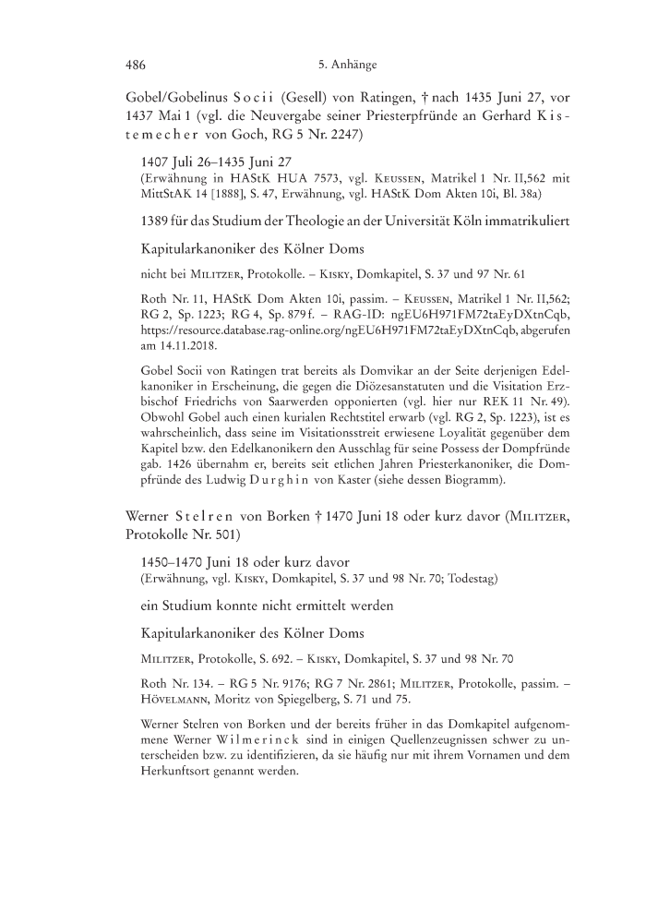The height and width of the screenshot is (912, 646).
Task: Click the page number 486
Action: click(x=137, y=65)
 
